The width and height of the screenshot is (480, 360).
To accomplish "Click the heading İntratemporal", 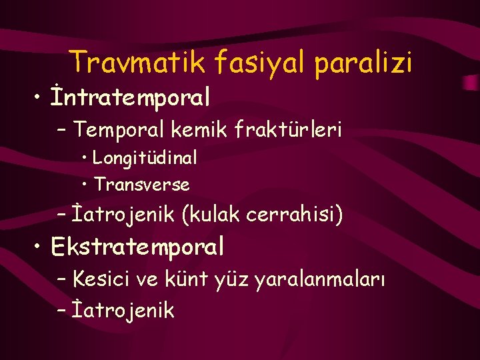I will tap(131, 97).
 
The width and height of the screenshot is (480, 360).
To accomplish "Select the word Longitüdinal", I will tap(145, 158).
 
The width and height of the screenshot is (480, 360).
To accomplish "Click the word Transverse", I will tap(141, 184).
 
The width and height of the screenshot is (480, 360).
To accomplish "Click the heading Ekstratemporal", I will tap(137, 247).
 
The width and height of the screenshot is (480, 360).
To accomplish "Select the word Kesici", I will tap(102, 279).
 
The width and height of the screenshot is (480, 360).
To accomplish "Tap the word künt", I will tap(192, 279).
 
